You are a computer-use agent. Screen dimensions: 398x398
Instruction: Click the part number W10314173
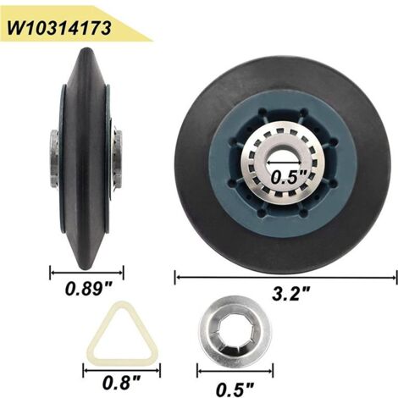[x=59, y=28]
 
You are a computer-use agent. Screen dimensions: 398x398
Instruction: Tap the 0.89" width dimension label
[x=89, y=289]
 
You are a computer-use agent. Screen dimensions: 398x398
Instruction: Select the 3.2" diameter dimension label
[x=290, y=293]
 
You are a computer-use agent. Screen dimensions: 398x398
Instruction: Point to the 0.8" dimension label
[x=121, y=383]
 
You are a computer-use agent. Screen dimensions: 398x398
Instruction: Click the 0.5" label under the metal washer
[x=235, y=390]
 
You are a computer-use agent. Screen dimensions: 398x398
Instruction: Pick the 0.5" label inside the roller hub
[x=289, y=177]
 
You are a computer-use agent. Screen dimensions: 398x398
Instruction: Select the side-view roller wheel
[x=86, y=158]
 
